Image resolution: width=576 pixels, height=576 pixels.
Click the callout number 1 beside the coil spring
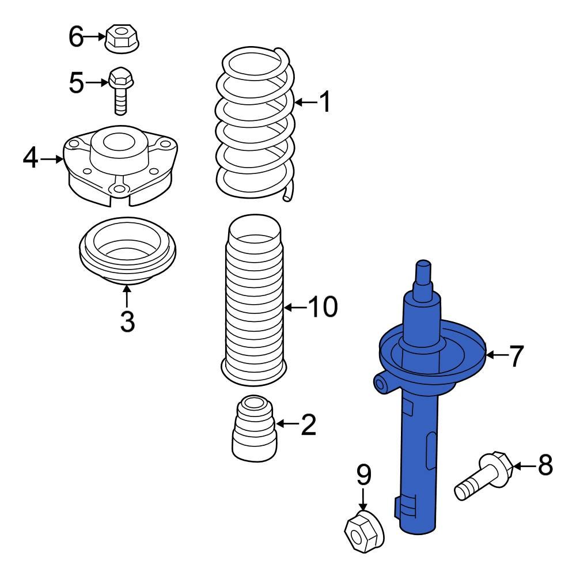pyautogui.click(x=325, y=103)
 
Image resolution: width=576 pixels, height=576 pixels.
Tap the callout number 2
pyautogui.click(x=309, y=426)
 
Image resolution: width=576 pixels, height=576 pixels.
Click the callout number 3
pyautogui.click(x=127, y=321)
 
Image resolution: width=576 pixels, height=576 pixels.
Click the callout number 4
pyautogui.click(x=31, y=158)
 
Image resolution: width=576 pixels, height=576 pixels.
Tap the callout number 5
pyautogui.click(x=76, y=84)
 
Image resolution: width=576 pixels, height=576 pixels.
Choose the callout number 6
pyautogui.click(x=76, y=37)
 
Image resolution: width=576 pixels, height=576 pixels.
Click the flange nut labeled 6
pyautogui.click(x=122, y=38)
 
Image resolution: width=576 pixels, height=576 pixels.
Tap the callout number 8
pyautogui.click(x=545, y=465)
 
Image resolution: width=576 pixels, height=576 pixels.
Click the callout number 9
pyautogui.click(x=363, y=475)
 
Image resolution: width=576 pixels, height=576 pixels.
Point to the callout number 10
pyautogui.click(x=323, y=308)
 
